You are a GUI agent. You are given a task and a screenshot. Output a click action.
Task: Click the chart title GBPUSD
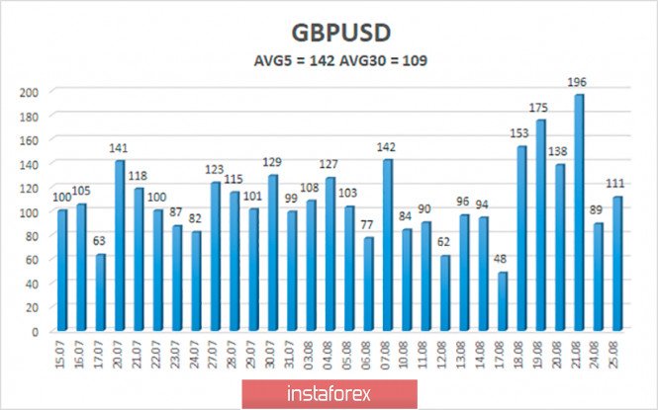[328, 31]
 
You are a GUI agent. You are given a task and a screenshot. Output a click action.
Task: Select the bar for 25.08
[616, 263]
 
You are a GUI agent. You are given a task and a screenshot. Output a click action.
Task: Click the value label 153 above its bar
[520, 135]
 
